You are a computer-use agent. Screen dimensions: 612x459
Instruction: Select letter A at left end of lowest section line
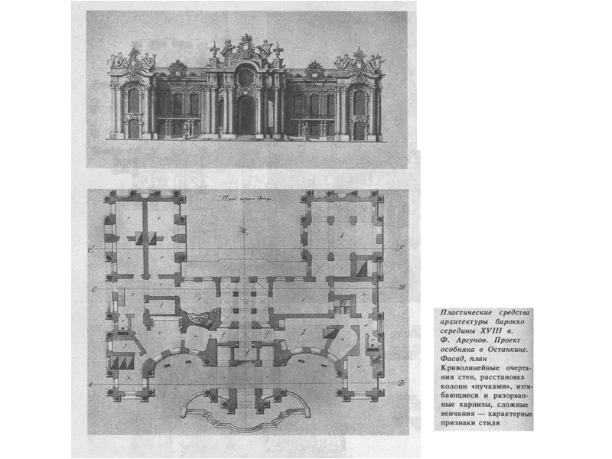(92, 382)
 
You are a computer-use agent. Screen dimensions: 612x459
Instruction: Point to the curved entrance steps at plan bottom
(245, 409)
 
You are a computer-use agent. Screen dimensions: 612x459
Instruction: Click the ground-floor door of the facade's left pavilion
(134, 129)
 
